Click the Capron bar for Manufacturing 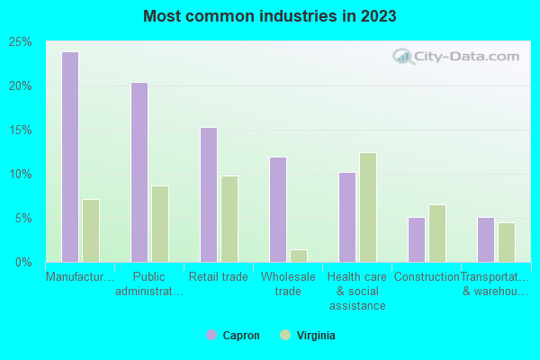(x=70, y=157)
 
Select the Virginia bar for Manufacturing (x=91, y=230)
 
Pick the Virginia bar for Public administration (x=160, y=224)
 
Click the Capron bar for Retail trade (x=209, y=194)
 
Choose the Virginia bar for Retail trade (x=229, y=219)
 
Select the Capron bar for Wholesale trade (x=278, y=210)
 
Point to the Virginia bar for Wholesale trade (x=299, y=256)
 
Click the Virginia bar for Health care (x=368, y=207)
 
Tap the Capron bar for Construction (x=417, y=239)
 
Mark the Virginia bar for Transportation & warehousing (x=507, y=242)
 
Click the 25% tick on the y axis (x=21, y=42)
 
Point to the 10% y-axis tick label (x=21, y=175)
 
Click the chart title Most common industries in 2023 (x=270, y=16)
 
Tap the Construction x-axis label (x=427, y=277)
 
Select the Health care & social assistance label (x=356, y=291)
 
